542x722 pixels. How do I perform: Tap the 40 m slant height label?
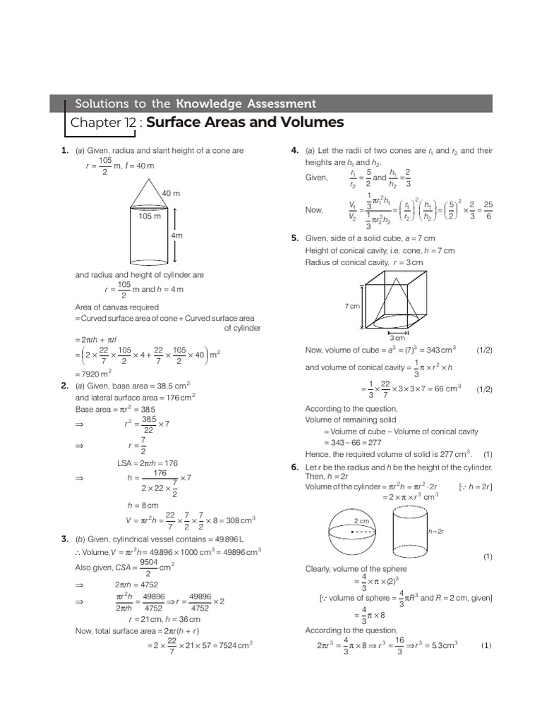pyautogui.click(x=171, y=193)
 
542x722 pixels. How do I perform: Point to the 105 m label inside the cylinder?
pyautogui.click(x=150, y=216)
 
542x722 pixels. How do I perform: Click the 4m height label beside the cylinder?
pyautogui.click(x=176, y=235)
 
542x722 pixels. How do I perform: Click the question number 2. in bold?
pyautogui.click(x=64, y=386)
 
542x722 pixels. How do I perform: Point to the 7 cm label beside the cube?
pyautogui.click(x=351, y=306)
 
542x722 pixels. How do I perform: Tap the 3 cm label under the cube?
pyautogui.click(x=398, y=338)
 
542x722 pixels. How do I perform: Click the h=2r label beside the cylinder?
pyautogui.click(x=435, y=531)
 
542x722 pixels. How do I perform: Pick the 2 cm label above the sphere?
pyautogui.click(x=361, y=521)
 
